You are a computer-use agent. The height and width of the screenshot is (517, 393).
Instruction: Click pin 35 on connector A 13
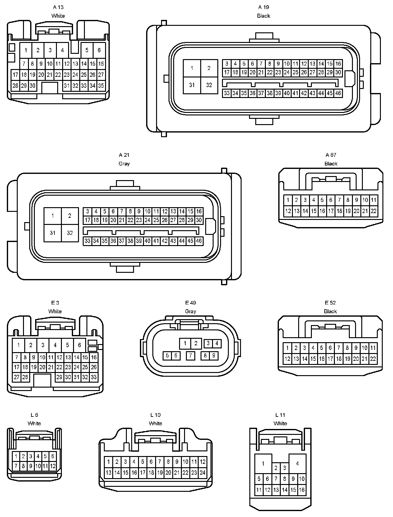tap(101, 86)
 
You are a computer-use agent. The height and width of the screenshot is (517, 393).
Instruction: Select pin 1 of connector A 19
tap(192, 68)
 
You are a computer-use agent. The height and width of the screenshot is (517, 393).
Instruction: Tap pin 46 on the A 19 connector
tap(338, 93)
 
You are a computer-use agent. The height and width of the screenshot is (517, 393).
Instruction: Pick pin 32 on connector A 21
tap(70, 233)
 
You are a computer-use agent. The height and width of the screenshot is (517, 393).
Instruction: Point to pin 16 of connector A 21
tap(199, 212)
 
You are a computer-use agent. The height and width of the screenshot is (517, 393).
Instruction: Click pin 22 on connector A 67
tap(373, 211)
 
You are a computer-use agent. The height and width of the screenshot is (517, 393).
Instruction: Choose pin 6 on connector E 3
tap(80, 345)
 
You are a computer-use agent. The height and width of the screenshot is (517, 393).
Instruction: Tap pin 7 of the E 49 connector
tap(190, 355)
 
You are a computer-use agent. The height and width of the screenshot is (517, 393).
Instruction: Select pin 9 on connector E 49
tap(214, 355)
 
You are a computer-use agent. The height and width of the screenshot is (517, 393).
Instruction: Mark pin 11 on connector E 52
tap(373, 348)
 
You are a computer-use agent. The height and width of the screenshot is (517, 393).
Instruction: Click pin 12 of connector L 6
tap(53, 466)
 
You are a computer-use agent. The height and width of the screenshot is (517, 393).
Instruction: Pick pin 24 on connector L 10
tap(202, 473)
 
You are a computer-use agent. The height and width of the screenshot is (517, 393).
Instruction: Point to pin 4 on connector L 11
tap(298, 463)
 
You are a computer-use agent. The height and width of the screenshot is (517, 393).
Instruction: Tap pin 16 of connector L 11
tap(302, 490)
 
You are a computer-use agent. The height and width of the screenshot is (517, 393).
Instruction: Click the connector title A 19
tap(263, 7)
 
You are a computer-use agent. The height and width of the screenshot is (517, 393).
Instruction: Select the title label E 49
tap(190, 303)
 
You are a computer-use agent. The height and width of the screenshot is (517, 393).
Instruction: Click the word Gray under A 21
tap(124, 164)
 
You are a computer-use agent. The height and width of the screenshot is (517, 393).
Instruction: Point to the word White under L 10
tap(155, 423)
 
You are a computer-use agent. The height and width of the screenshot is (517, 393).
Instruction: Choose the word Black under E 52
tap(330, 311)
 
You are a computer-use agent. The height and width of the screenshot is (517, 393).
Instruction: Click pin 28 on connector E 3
tap(25, 377)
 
